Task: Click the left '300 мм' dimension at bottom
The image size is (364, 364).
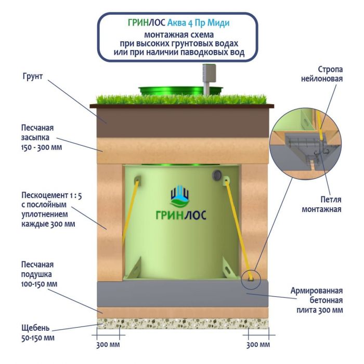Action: point(109,344)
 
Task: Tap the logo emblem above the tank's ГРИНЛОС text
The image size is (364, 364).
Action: point(180,197)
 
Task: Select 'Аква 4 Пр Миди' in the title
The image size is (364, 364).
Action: point(200,23)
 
